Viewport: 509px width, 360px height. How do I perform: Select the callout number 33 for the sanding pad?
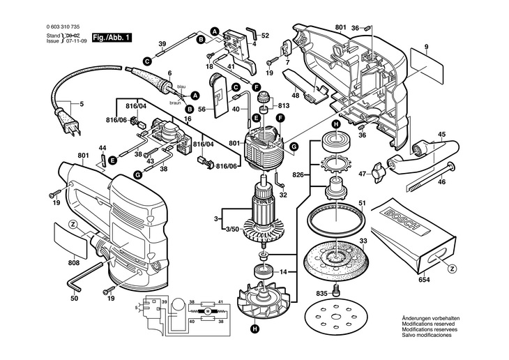[363, 242]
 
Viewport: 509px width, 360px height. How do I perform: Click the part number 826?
[298, 174]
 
